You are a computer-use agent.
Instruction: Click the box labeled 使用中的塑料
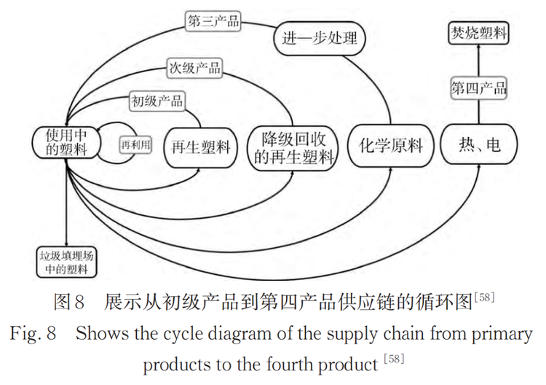(x=66, y=142)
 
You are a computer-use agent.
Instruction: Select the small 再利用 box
(x=136, y=144)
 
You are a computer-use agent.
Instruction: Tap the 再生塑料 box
(x=200, y=146)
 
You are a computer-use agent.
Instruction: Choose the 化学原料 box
(x=391, y=145)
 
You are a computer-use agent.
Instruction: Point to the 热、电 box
(x=480, y=144)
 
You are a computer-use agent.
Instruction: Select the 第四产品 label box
(x=479, y=89)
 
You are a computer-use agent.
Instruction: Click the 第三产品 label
(x=214, y=21)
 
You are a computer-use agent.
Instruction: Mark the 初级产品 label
(x=157, y=100)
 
